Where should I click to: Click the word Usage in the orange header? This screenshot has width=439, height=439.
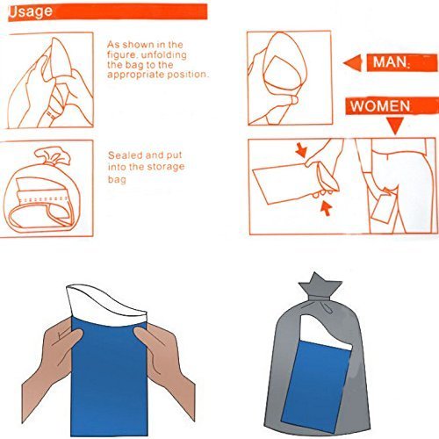(31, 12)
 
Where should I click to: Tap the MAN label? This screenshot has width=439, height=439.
(390, 62)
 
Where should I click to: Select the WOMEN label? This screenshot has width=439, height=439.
(380, 106)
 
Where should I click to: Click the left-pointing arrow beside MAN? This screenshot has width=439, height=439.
(352, 63)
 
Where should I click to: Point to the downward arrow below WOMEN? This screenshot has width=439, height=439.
(396, 125)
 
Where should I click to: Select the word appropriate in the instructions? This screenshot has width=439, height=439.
(136, 75)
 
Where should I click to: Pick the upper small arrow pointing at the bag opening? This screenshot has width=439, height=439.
(301, 150)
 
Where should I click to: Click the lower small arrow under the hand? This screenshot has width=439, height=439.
(326, 207)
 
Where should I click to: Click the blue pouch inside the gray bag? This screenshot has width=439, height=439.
(317, 385)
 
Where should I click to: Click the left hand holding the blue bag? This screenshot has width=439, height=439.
(51, 369)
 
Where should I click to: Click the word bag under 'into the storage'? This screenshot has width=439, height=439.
(117, 179)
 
